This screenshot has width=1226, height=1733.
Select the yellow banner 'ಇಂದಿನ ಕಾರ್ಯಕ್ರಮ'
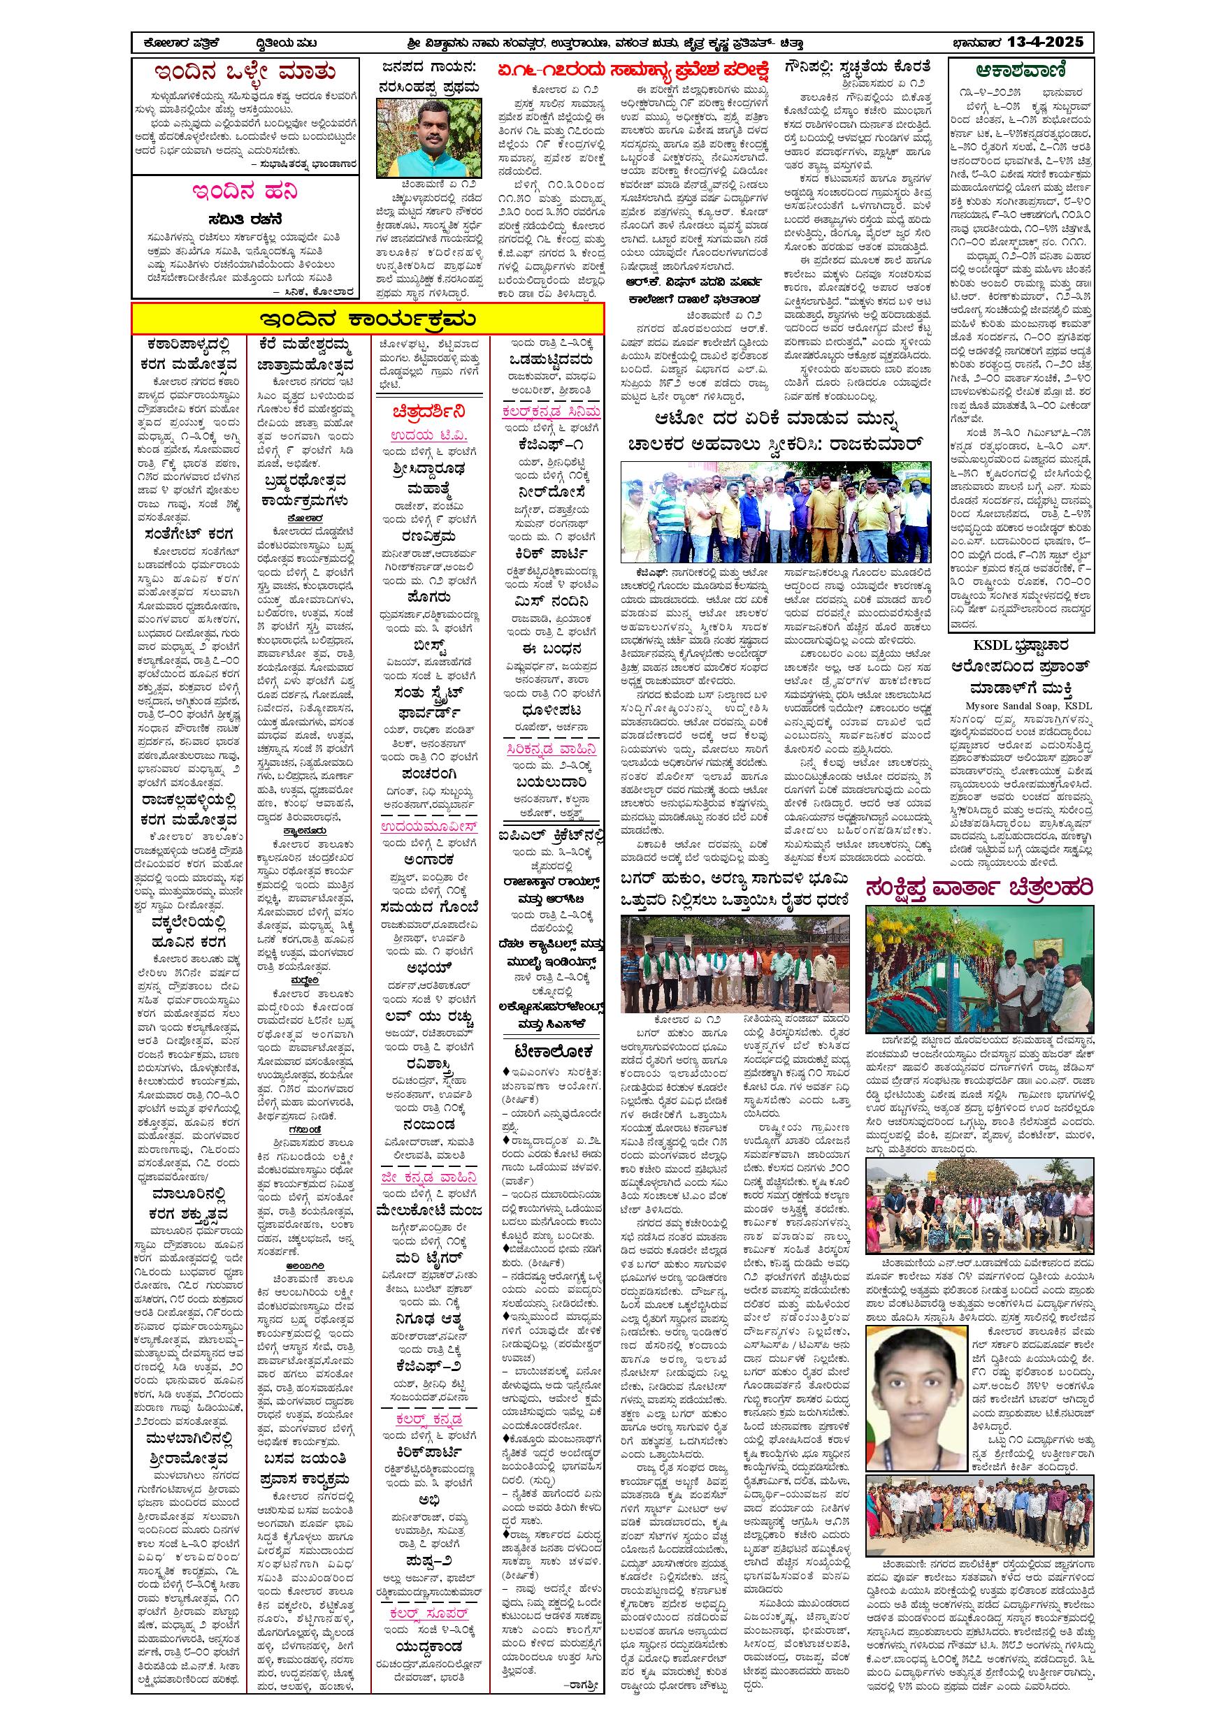point(368,319)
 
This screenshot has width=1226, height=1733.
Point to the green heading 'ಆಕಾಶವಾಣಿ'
point(1020,71)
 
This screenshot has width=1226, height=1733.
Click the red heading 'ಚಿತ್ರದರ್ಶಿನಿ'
point(428,412)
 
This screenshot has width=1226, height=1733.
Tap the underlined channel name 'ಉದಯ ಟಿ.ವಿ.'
point(428,435)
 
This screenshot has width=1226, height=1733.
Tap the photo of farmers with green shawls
point(734,964)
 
